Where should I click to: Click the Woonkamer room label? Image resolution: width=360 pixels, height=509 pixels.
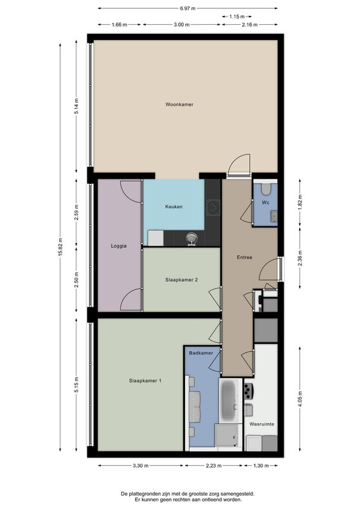pos(179,104)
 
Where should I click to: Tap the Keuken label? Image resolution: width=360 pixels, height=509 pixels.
pos(174,206)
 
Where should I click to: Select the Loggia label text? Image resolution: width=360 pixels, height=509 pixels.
pos(119,246)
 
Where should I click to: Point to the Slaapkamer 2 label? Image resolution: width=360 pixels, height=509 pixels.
pos(181,280)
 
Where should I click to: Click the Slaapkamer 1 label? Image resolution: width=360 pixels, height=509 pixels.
pos(145,380)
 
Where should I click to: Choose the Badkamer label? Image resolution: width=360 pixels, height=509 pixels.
pos(201,353)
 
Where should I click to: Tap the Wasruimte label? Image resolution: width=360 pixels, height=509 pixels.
pos(261,424)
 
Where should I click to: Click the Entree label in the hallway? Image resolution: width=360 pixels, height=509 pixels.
pos(244,258)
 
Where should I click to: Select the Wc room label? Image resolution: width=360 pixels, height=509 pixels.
pos(265,202)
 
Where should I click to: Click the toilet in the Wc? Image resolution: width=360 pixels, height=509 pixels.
pos(266,189)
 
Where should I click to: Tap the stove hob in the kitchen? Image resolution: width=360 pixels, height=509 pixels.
pos(214,208)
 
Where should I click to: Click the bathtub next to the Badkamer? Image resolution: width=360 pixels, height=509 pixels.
pos(228,400)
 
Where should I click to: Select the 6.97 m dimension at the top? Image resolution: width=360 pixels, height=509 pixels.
pos(188,8)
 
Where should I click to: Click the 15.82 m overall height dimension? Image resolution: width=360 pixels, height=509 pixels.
pos(60,247)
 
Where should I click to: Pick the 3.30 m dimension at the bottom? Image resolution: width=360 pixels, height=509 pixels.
pos(141,466)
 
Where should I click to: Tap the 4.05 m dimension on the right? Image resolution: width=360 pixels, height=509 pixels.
pos(300,399)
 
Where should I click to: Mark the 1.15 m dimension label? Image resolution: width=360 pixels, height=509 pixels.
pos(237,17)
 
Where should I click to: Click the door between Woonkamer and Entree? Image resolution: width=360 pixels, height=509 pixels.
pos(239,166)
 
